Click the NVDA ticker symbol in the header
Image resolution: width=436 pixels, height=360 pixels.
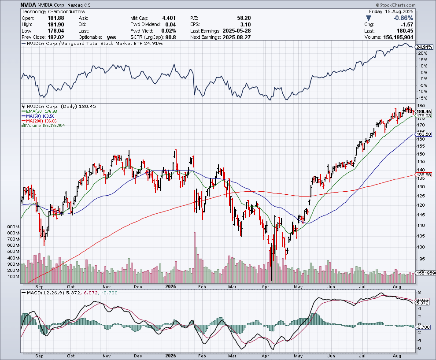[30, 5]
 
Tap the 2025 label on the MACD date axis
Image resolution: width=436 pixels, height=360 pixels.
[171, 354]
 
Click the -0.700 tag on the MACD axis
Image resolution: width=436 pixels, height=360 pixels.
[423, 327]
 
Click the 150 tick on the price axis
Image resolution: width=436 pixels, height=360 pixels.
[421, 154]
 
